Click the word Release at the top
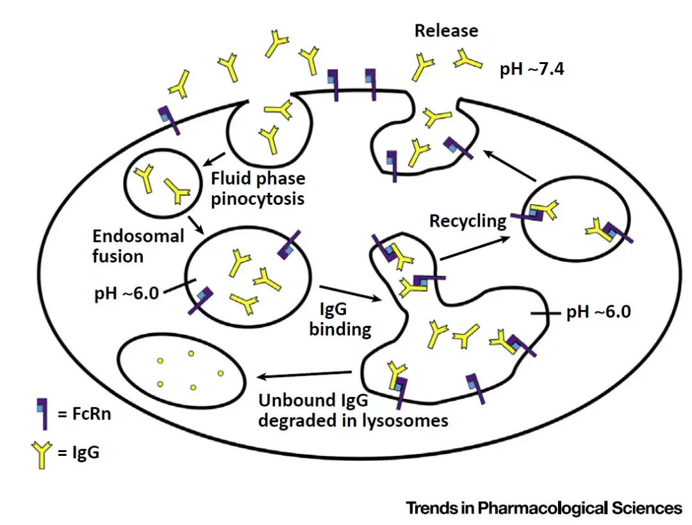point(446,31)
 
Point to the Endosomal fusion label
point(138,246)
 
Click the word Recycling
point(468,222)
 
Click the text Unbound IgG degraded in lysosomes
point(353,410)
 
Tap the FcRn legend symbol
point(42,413)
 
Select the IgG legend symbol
point(42,453)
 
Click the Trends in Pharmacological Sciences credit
point(544,508)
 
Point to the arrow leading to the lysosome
point(305,375)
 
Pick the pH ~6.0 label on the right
point(598,312)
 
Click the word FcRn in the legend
point(83,414)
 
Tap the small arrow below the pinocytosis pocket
point(215,158)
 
